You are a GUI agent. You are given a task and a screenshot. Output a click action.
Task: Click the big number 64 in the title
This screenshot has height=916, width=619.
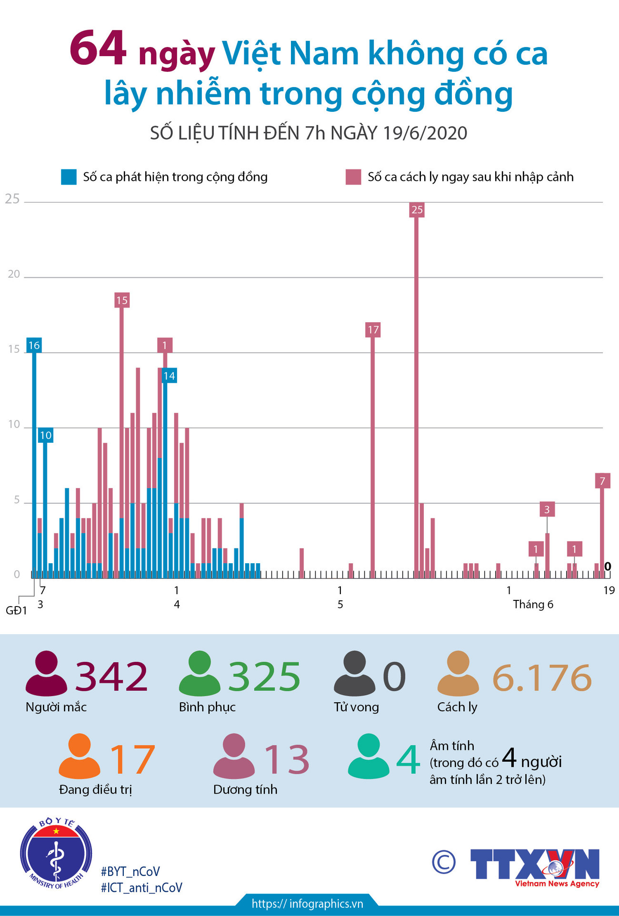[x=98, y=49]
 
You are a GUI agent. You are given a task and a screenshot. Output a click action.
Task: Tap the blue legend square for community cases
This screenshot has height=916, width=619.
[x=69, y=177]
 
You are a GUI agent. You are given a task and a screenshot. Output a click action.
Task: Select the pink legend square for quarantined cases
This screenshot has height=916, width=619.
[x=353, y=177]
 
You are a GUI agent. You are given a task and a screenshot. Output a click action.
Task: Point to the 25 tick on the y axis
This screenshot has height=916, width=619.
[x=12, y=199]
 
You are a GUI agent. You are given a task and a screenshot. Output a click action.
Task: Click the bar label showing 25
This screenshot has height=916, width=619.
[x=417, y=210]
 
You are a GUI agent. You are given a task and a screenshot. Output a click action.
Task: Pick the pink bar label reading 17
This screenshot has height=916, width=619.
[x=373, y=330]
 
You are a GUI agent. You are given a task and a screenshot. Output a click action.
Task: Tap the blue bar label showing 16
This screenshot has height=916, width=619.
[x=34, y=346]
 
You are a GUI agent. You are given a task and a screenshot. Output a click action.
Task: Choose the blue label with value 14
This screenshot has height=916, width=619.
[x=169, y=376]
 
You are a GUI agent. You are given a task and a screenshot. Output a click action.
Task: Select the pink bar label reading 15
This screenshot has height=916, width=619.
[x=122, y=300]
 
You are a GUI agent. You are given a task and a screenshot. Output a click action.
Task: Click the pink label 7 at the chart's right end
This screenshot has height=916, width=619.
[x=602, y=481]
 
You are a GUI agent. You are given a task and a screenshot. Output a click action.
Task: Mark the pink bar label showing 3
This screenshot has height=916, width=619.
[x=547, y=509]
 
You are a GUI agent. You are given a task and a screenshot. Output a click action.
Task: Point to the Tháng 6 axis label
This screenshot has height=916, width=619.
[x=533, y=605]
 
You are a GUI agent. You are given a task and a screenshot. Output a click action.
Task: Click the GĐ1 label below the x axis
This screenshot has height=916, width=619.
[x=16, y=611]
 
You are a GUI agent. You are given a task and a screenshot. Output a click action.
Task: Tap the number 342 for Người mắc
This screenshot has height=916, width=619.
[x=111, y=677]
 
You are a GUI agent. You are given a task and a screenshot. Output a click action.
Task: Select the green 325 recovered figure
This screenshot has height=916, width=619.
[x=264, y=677]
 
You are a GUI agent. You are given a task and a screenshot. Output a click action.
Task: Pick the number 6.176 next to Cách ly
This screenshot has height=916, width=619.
[x=542, y=678]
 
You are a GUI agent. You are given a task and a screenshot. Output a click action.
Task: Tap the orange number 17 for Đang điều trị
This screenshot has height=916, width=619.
[x=132, y=759]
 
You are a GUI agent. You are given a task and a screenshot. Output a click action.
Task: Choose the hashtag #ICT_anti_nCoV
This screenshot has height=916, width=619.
[x=141, y=888]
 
